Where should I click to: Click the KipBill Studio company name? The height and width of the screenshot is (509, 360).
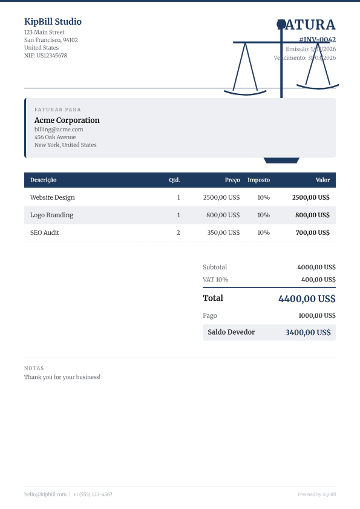point(53,22)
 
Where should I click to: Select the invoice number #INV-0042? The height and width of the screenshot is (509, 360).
point(317,39)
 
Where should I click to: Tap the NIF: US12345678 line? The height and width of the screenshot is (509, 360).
point(45,55)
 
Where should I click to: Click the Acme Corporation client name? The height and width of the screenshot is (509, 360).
point(67,120)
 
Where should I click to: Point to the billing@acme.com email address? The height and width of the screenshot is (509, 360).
point(59,129)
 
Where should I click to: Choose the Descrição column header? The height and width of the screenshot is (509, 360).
point(44,180)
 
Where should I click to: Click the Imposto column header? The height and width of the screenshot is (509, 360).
point(258,180)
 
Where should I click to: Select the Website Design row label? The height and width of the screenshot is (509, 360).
point(53,197)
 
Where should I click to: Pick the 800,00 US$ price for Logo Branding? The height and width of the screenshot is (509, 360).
point(223,215)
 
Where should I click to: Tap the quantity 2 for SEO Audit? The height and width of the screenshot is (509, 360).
point(178,232)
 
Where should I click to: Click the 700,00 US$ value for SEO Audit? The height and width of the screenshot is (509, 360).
point(312,232)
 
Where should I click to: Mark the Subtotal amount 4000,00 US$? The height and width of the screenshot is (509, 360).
point(316,267)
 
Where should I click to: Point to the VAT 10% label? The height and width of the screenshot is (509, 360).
point(215,280)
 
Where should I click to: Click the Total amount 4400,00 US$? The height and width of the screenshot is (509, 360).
point(307,298)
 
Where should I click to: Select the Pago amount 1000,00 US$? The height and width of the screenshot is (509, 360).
point(316,315)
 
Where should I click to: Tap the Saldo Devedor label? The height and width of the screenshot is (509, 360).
point(231,332)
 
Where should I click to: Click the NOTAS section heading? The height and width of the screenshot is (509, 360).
point(34,368)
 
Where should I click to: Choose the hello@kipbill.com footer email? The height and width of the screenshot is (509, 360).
point(45,494)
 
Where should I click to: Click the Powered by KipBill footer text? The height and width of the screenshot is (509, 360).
point(316,494)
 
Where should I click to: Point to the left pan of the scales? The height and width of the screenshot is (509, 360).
point(245,92)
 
